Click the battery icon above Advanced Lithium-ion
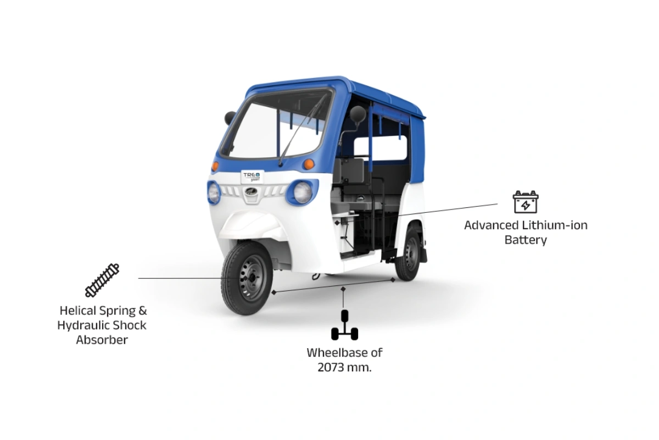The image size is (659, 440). point(526,202)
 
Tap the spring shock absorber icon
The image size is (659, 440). point(102,280)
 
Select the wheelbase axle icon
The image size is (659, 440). point(344,324)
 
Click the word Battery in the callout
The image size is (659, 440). point(526,240)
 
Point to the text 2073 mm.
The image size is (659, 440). point(344,367)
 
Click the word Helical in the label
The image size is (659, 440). point(79,310)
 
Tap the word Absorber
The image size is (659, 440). point(102,340)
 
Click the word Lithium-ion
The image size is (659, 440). point(555,225)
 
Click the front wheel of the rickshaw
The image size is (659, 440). point(247,278)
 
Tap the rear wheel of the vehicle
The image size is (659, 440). point(408,254)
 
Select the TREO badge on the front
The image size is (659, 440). point(252,176)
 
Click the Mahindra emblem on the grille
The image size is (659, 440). point(250,192)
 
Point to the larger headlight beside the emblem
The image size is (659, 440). point(302,192)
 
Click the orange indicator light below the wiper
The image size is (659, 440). point(309,164)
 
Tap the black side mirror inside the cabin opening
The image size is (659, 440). point(358,114)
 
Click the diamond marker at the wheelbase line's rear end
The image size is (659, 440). point(393,280)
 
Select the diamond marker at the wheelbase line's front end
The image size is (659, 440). point(274,293)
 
